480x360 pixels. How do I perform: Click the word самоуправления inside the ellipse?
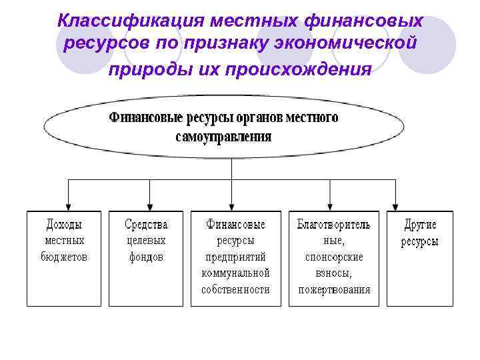[x=223, y=137]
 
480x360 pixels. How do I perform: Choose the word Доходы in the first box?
[x=65, y=224]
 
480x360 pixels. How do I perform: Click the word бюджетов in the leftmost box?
[x=65, y=257]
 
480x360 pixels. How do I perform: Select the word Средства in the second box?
[x=146, y=224]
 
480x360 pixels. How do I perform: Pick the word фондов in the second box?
[x=146, y=257]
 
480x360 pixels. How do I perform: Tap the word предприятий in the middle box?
[x=235, y=257]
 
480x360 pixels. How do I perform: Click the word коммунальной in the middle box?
[x=235, y=273]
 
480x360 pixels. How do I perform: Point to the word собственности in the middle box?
[x=235, y=289]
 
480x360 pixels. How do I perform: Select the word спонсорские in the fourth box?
[x=333, y=257]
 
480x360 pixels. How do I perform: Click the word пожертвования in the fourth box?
[x=333, y=289]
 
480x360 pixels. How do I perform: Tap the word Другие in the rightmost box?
[x=420, y=224]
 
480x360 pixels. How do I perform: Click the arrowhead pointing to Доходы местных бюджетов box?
[x=68, y=205]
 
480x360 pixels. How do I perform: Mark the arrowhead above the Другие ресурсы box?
[x=395, y=205]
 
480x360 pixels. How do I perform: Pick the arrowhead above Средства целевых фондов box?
[x=150, y=205]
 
